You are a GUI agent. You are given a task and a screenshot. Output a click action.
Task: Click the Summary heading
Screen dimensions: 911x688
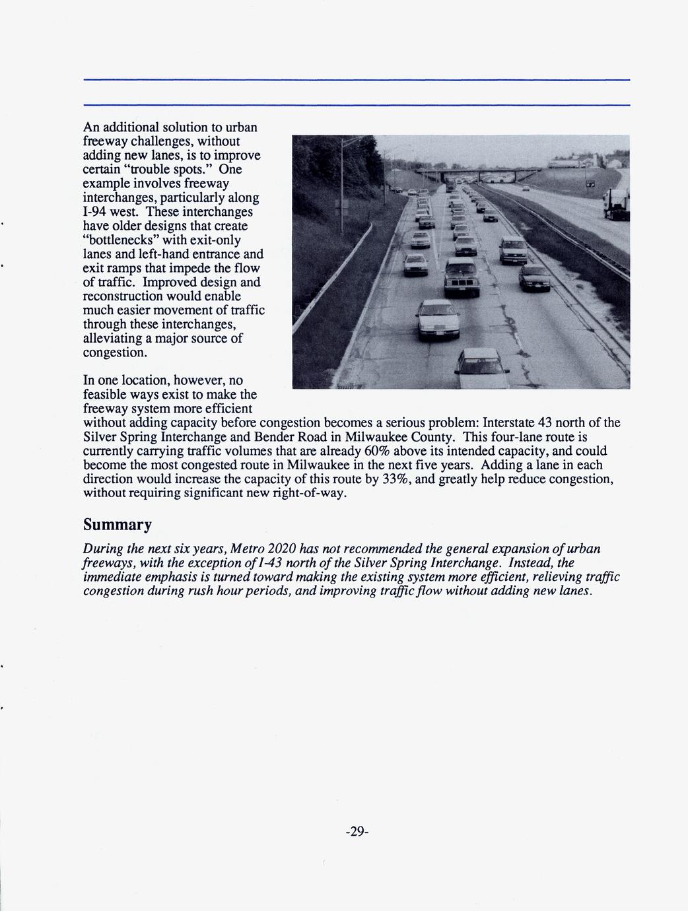(117, 525)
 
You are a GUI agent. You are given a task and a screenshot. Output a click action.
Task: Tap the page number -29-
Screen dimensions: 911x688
(357, 831)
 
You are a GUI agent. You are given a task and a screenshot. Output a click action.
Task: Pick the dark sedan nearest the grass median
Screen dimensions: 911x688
(534, 277)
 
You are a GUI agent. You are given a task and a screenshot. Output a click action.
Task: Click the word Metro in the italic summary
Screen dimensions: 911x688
(246, 549)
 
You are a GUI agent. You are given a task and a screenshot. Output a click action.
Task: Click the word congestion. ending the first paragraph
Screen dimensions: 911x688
(114, 353)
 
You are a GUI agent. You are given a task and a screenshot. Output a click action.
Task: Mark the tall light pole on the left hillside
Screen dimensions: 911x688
(342, 178)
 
